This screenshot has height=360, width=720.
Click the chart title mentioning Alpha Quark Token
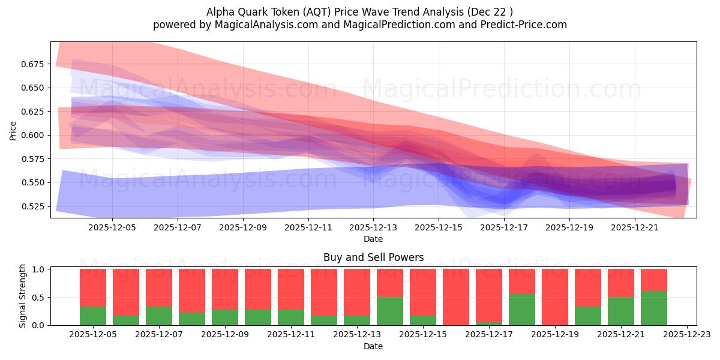click(359, 11)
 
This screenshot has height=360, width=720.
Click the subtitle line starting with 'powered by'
click(359, 25)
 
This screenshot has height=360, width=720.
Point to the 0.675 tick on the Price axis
click(34, 64)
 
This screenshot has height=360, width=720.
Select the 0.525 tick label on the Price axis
click(34, 206)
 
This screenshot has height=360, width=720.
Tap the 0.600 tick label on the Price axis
click(34, 135)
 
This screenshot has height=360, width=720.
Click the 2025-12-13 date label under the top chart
click(373, 228)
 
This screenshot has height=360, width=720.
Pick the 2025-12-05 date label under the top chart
click(113, 228)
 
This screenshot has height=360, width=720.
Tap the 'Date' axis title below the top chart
click(373, 239)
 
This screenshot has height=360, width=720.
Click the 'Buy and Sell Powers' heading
click(373, 257)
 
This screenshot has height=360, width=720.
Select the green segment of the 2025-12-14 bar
click(390, 311)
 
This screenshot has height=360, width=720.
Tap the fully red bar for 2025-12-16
click(456, 297)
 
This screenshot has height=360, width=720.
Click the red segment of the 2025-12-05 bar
click(93, 287)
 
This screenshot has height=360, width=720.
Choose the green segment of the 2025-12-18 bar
click(522, 310)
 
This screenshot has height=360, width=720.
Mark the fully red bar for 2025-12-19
click(555, 297)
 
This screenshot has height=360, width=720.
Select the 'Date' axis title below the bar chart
click(373, 346)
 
